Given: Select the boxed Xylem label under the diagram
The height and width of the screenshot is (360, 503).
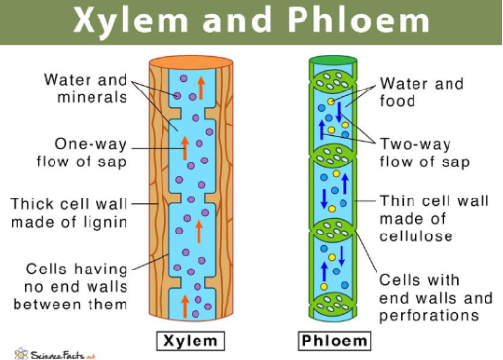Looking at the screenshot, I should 192,342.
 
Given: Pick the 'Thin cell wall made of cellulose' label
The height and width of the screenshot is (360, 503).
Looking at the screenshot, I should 429,219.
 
